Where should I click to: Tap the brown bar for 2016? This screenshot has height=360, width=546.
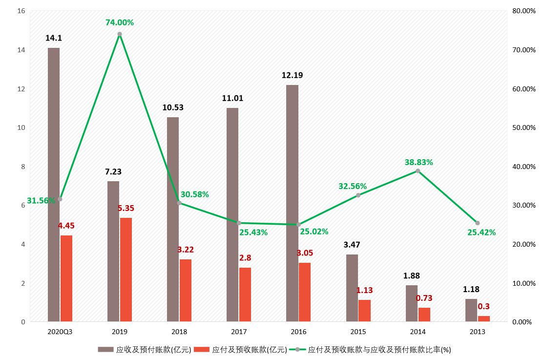pos(292,203)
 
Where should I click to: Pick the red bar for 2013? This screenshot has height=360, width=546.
pos(483,319)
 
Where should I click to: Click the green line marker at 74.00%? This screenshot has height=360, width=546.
pos(120,34)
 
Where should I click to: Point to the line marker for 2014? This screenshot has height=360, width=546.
pos(418,171)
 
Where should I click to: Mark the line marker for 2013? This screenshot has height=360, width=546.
pos(477,223)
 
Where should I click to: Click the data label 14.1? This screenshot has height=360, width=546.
pos(54,38)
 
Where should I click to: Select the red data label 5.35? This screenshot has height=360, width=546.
pos(126,208)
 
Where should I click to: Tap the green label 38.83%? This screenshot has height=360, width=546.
pos(419,162)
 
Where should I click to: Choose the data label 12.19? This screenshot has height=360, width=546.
pos(292,75)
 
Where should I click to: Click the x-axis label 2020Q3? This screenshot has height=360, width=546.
pos(60,332)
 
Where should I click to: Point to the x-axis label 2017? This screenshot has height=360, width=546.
pos(239,332)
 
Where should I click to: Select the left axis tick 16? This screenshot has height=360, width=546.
pos(21,11)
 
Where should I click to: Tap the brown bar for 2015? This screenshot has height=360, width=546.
pos(352,288)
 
